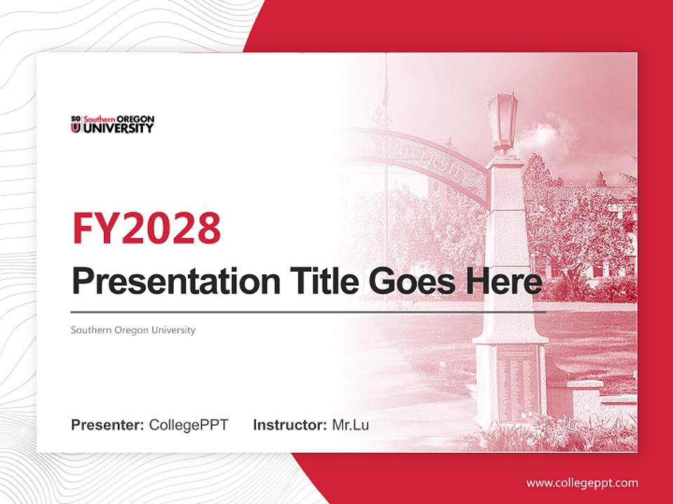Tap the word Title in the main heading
pyautogui.click(x=320, y=281)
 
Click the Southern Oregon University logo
pyautogui.click(x=112, y=124)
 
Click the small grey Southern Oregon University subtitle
pyautogui.click(x=133, y=330)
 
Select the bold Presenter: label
pyautogui.click(x=108, y=425)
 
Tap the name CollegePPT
pyautogui.click(x=189, y=425)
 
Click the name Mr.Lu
pyautogui.click(x=350, y=425)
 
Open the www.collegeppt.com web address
pyautogui.click(x=582, y=483)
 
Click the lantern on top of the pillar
pyautogui.click(x=503, y=120)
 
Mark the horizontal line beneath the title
pyautogui.click(x=308, y=311)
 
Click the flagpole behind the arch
pyautogui.click(x=386, y=140)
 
